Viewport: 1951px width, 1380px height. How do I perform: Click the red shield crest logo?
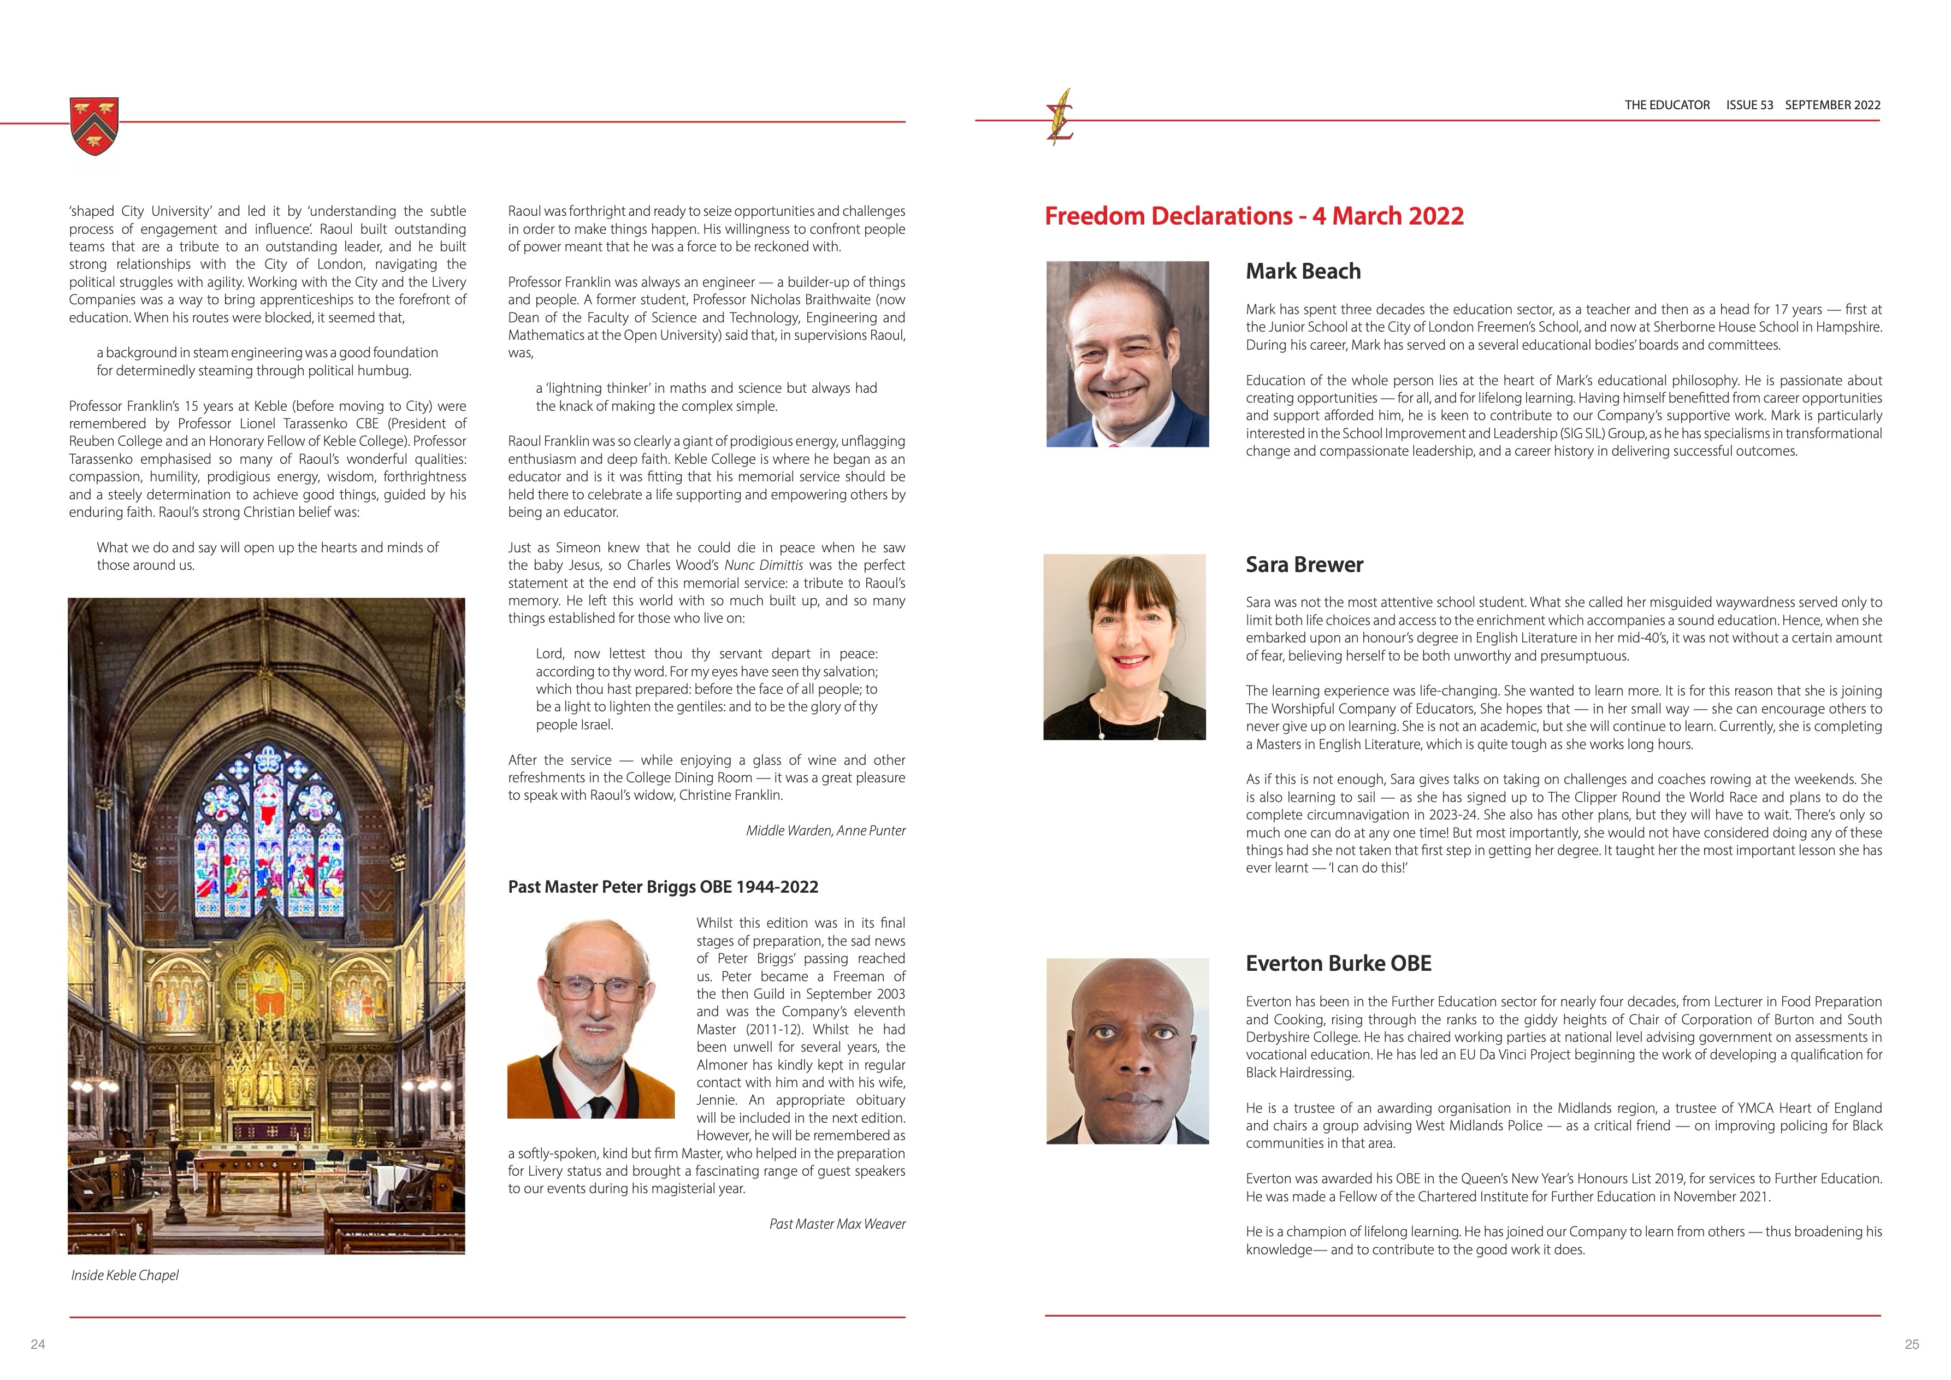[x=93, y=126]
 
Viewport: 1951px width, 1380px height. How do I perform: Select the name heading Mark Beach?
[x=1303, y=271]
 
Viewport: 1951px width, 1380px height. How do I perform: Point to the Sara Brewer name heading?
[x=1304, y=564]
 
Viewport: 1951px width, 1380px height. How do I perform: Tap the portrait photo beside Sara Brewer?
[x=1124, y=647]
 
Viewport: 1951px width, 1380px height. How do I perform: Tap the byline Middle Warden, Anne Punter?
[x=825, y=830]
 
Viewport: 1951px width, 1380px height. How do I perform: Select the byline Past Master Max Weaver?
[x=837, y=1224]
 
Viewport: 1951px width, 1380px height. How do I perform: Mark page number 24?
[x=37, y=1344]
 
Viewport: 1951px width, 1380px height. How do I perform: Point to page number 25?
[x=1912, y=1344]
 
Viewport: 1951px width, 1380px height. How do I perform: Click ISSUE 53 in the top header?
[x=1749, y=105]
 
